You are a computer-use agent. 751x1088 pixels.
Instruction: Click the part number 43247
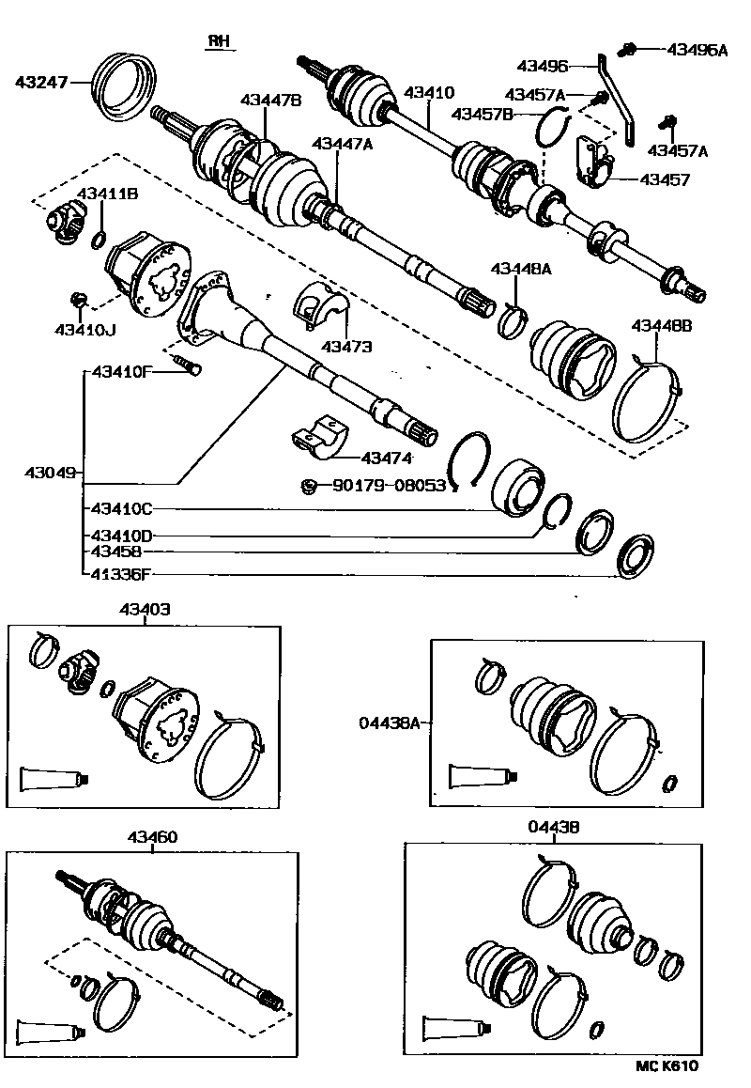[41, 83]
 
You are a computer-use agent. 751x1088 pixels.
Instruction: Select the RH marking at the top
[218, 42]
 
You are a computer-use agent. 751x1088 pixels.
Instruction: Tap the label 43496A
[697, 50]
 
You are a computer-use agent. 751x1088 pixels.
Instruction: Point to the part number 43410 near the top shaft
[429, 94]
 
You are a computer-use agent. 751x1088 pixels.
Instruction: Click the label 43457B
[482, 115]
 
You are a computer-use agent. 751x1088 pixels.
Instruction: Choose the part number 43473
[346, 347]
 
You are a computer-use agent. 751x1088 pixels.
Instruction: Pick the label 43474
[387, 458]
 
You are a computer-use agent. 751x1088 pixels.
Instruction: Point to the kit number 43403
[145, 610]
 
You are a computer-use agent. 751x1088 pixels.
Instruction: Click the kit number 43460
[153, 837]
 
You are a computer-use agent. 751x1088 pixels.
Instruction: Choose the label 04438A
[387, 723]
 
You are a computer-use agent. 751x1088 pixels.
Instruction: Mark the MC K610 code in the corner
[667, 1065]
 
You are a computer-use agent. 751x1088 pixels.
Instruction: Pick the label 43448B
[661, 326]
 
